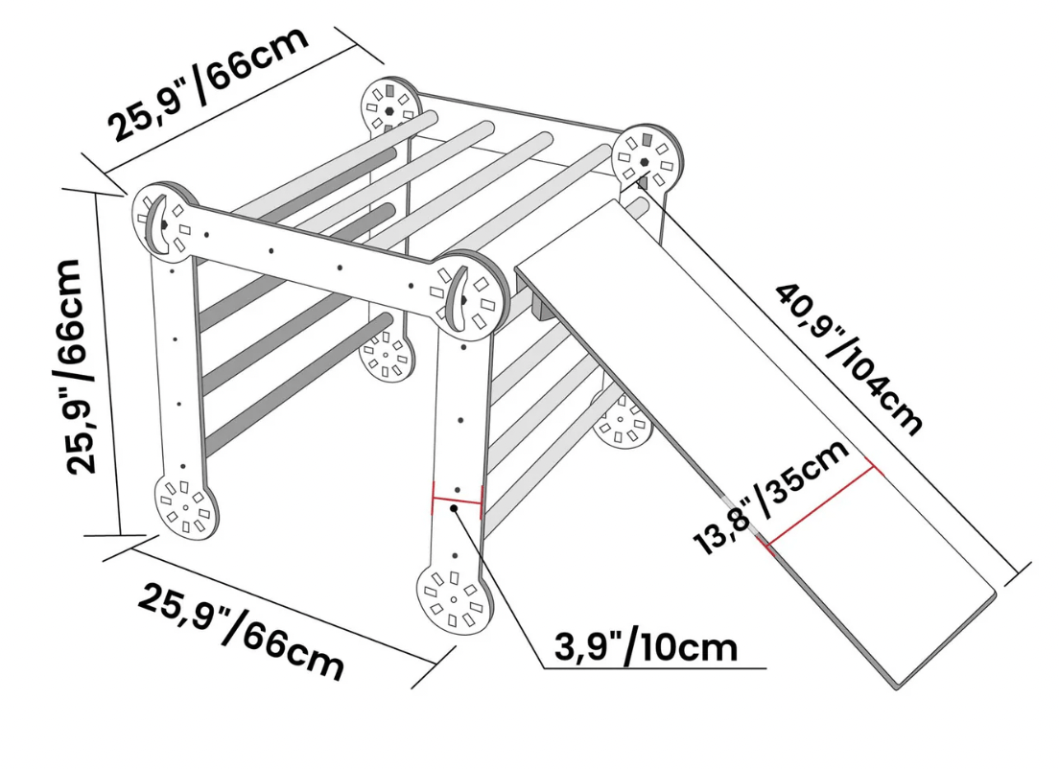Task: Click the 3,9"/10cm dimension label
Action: tap(646, 647)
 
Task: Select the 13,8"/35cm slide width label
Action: tap(770, 498)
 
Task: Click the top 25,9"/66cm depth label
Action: tap(209, 83)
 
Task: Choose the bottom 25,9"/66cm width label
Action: tap(241, 632)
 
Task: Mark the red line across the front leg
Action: tap(458, 501)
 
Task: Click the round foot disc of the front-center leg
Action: tap(454, 599)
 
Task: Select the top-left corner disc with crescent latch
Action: tap(164, 221)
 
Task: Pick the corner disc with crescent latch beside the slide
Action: tap(470, 291)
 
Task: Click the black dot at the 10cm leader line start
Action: tap(455, 508)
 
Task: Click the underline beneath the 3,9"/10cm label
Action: tap(655, 668)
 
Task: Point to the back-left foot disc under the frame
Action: tap(386, 353)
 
